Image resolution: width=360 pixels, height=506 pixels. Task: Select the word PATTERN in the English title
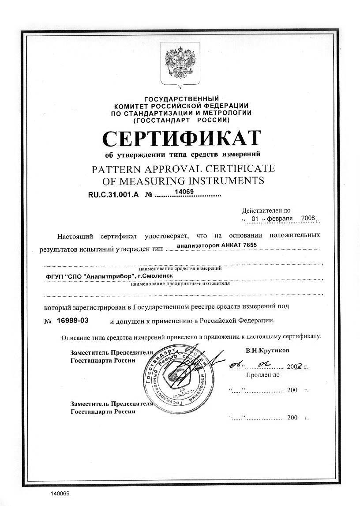[x=113, y=169]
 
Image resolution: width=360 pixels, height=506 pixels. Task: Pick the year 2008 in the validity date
[x=307, y=218]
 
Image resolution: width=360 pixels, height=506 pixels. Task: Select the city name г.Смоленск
[x=156, y=276]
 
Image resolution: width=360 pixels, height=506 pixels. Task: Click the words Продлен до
[x=262, y=375]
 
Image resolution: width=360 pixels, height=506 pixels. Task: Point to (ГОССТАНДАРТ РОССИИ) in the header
[x=181, y=119]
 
